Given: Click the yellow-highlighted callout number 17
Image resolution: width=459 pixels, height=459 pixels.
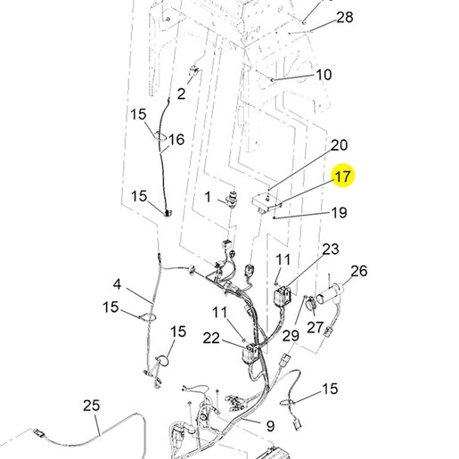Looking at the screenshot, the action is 342,176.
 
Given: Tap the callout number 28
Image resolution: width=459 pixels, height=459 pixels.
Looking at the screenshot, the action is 345,17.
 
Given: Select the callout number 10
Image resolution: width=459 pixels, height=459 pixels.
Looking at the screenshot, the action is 324,75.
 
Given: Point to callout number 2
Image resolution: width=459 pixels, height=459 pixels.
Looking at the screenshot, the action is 181,94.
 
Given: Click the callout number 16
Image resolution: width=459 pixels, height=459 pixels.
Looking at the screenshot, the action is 176,139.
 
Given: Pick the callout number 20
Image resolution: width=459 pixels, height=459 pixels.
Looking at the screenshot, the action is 339,145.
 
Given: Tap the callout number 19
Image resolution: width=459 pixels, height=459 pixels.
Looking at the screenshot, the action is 339,212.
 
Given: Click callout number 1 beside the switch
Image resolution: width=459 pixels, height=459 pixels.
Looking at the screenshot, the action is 208,197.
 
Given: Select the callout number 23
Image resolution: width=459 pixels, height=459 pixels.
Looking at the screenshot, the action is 331,249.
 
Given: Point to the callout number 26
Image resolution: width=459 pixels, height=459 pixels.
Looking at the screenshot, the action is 359,271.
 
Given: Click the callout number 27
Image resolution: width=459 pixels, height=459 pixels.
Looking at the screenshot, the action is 315,327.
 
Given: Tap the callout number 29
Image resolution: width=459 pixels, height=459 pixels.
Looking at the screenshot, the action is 291,336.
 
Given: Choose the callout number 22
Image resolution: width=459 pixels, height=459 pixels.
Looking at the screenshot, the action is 211,338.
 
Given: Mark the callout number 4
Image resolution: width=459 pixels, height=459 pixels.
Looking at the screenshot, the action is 117,284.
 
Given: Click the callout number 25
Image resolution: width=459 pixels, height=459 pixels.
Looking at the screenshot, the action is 91,406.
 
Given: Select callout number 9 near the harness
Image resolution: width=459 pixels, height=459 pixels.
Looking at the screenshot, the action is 270,426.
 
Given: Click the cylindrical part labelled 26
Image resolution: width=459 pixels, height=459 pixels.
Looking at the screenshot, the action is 328,294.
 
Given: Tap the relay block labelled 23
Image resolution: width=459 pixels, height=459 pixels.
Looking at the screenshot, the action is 282,295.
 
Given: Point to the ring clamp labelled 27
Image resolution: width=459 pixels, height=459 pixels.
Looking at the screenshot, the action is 311,304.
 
